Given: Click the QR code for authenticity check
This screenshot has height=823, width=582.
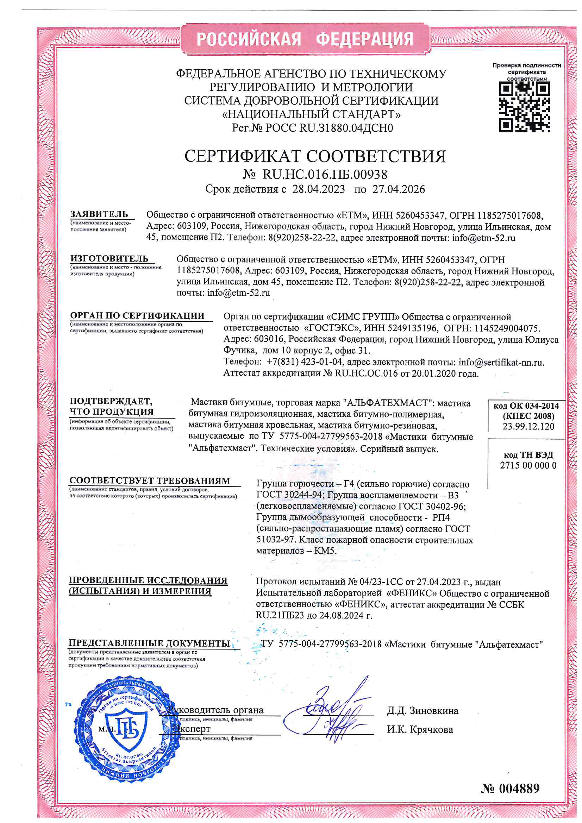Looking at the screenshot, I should (x=524, y=106).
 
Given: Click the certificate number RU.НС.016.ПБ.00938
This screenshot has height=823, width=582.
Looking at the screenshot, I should (x=325, y=175).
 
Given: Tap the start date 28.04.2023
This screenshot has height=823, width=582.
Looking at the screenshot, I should (x=318, y=189).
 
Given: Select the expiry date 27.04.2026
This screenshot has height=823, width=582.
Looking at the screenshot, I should (x=399, y=189).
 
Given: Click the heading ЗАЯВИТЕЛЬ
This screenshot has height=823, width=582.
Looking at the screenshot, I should (x=99, y=214).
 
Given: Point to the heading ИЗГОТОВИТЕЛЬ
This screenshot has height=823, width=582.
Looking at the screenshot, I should (x=109, y=258).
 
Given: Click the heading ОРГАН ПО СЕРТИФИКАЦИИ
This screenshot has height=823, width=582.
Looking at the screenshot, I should (x=137, y=315).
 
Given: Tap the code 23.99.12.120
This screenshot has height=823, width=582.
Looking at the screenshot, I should (x=528, y=426).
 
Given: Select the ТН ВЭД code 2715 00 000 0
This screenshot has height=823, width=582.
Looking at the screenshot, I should (x=528, y=465).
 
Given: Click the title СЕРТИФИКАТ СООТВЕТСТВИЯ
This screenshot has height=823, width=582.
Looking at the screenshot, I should (x=315, y=156).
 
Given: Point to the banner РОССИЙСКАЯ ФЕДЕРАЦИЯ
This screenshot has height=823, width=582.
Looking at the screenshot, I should (x=305, y=39).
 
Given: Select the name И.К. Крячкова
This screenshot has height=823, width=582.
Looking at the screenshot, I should (x=420, y=729).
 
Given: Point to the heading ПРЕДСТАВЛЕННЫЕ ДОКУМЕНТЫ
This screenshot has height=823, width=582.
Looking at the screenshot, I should (x=149, y=643).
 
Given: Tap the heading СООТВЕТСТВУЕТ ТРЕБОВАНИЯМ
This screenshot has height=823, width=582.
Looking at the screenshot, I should (x=150, y=481).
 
